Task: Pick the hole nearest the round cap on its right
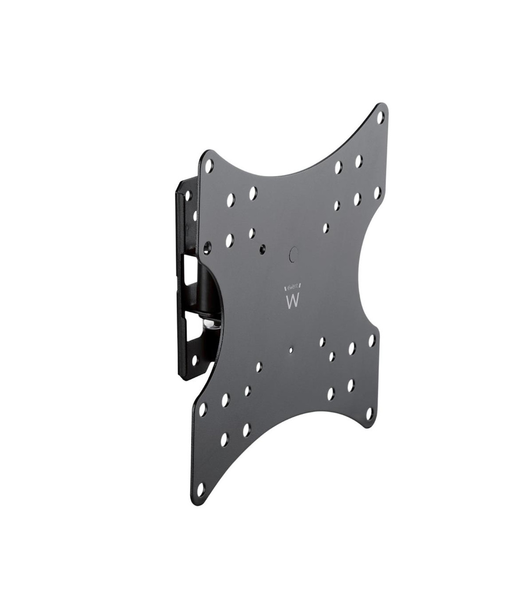click(x=325, y=228)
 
